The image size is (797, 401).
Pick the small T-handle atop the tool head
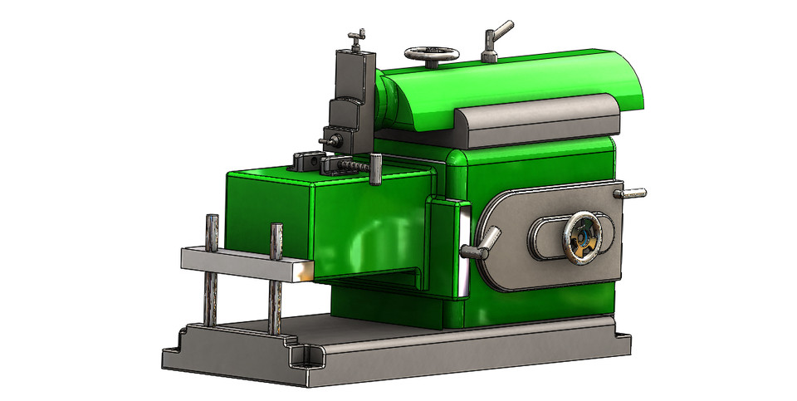[x=356, y=36]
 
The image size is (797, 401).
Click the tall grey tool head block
[x=352, y=91]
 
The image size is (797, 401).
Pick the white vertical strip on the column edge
[x=462, y=249]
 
